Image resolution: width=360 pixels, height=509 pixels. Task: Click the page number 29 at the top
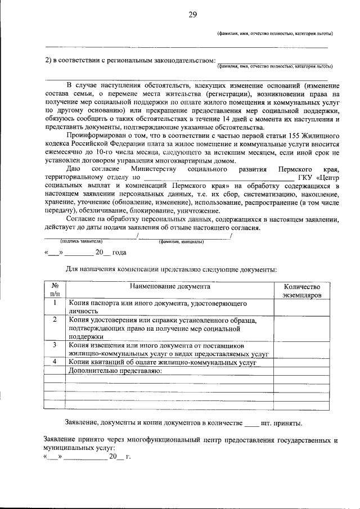tap(192, 15)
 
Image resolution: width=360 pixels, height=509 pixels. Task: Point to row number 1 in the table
tap(54, 304)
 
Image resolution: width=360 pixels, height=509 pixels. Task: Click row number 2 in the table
tap(54, 321)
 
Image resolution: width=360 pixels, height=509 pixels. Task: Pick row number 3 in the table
tap(54, 345)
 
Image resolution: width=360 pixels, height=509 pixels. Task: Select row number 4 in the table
tap(54, 362)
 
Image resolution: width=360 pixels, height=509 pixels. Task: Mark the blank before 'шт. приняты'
tap(252, 422)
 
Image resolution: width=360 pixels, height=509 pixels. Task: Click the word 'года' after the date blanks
tap(119, 253)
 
